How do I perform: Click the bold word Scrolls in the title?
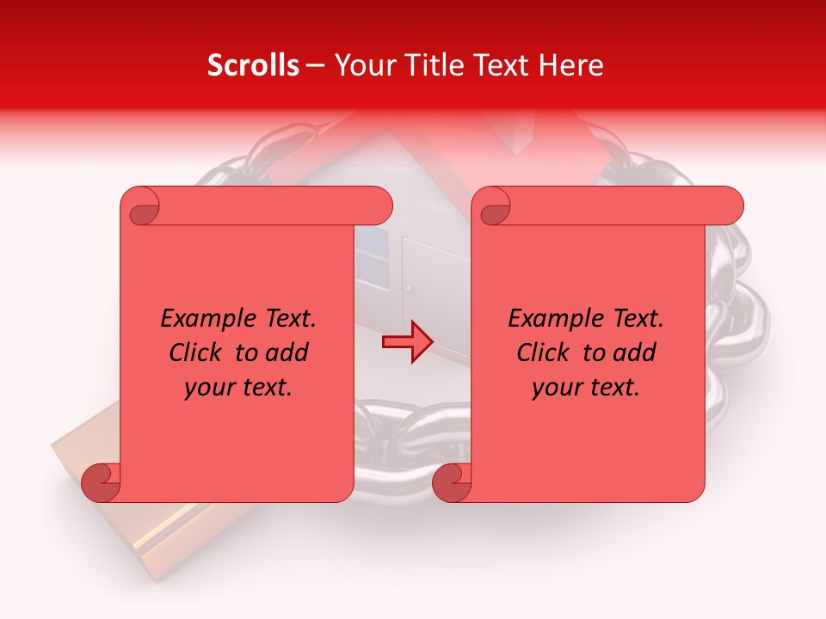253,65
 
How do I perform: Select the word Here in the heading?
573,65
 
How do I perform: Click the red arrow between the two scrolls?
408,342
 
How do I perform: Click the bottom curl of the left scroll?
102,482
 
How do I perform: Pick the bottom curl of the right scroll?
452,482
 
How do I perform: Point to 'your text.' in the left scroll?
238,387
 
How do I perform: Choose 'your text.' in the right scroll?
586,387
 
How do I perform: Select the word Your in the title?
363,65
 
